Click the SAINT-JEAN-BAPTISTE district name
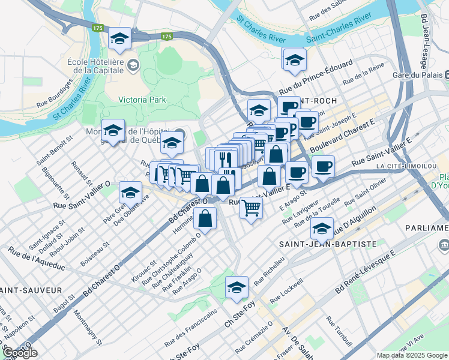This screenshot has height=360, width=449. pos(327,244)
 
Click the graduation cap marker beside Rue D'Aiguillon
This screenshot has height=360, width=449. pos(322,227)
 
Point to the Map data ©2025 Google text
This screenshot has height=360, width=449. pos(412,355)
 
